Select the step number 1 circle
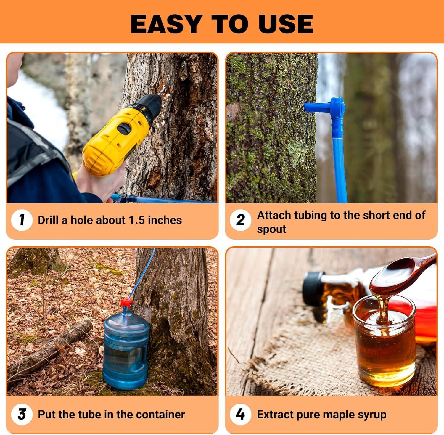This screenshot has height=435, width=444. click(22, 220)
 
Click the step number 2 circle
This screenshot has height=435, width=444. click(240, 220)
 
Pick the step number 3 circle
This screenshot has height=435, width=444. click(22, 414)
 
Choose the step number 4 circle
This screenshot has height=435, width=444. click(240, 414)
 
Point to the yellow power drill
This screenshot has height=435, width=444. click(115, 136)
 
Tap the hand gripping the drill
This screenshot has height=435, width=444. click(95, 184)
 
